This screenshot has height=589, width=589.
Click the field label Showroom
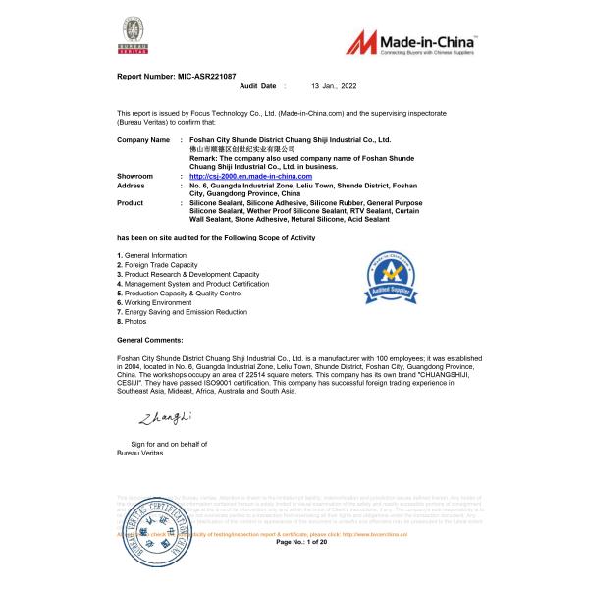click(135, 176)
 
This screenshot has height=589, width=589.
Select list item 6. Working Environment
click(157, 302)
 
